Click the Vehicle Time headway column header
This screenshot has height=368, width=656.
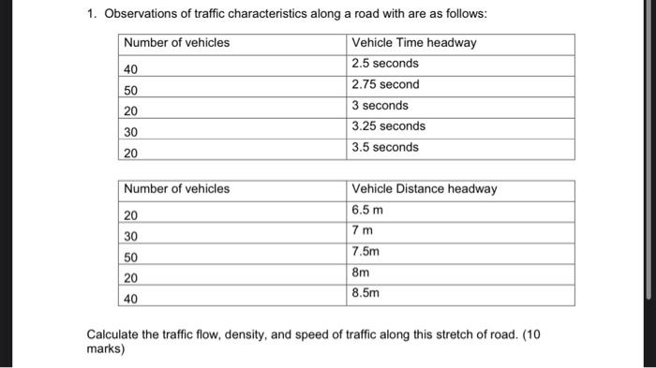413,42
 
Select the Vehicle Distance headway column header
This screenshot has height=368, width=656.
424,189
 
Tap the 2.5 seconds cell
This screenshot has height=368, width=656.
384,64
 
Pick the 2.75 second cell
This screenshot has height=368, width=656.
385,84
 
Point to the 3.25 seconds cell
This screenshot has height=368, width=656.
388,125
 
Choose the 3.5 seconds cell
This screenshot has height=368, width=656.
384,147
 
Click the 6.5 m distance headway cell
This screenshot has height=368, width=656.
367,210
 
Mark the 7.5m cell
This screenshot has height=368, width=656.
365,252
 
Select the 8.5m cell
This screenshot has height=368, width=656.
365,293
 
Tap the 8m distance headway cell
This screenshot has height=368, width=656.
361,272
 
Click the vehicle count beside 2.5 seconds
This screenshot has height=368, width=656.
131,69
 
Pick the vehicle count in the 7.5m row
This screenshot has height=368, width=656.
131,258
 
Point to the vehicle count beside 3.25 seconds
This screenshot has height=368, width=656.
131,132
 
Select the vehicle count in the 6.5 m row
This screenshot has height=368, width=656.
131,215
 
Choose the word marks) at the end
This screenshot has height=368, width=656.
105,349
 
